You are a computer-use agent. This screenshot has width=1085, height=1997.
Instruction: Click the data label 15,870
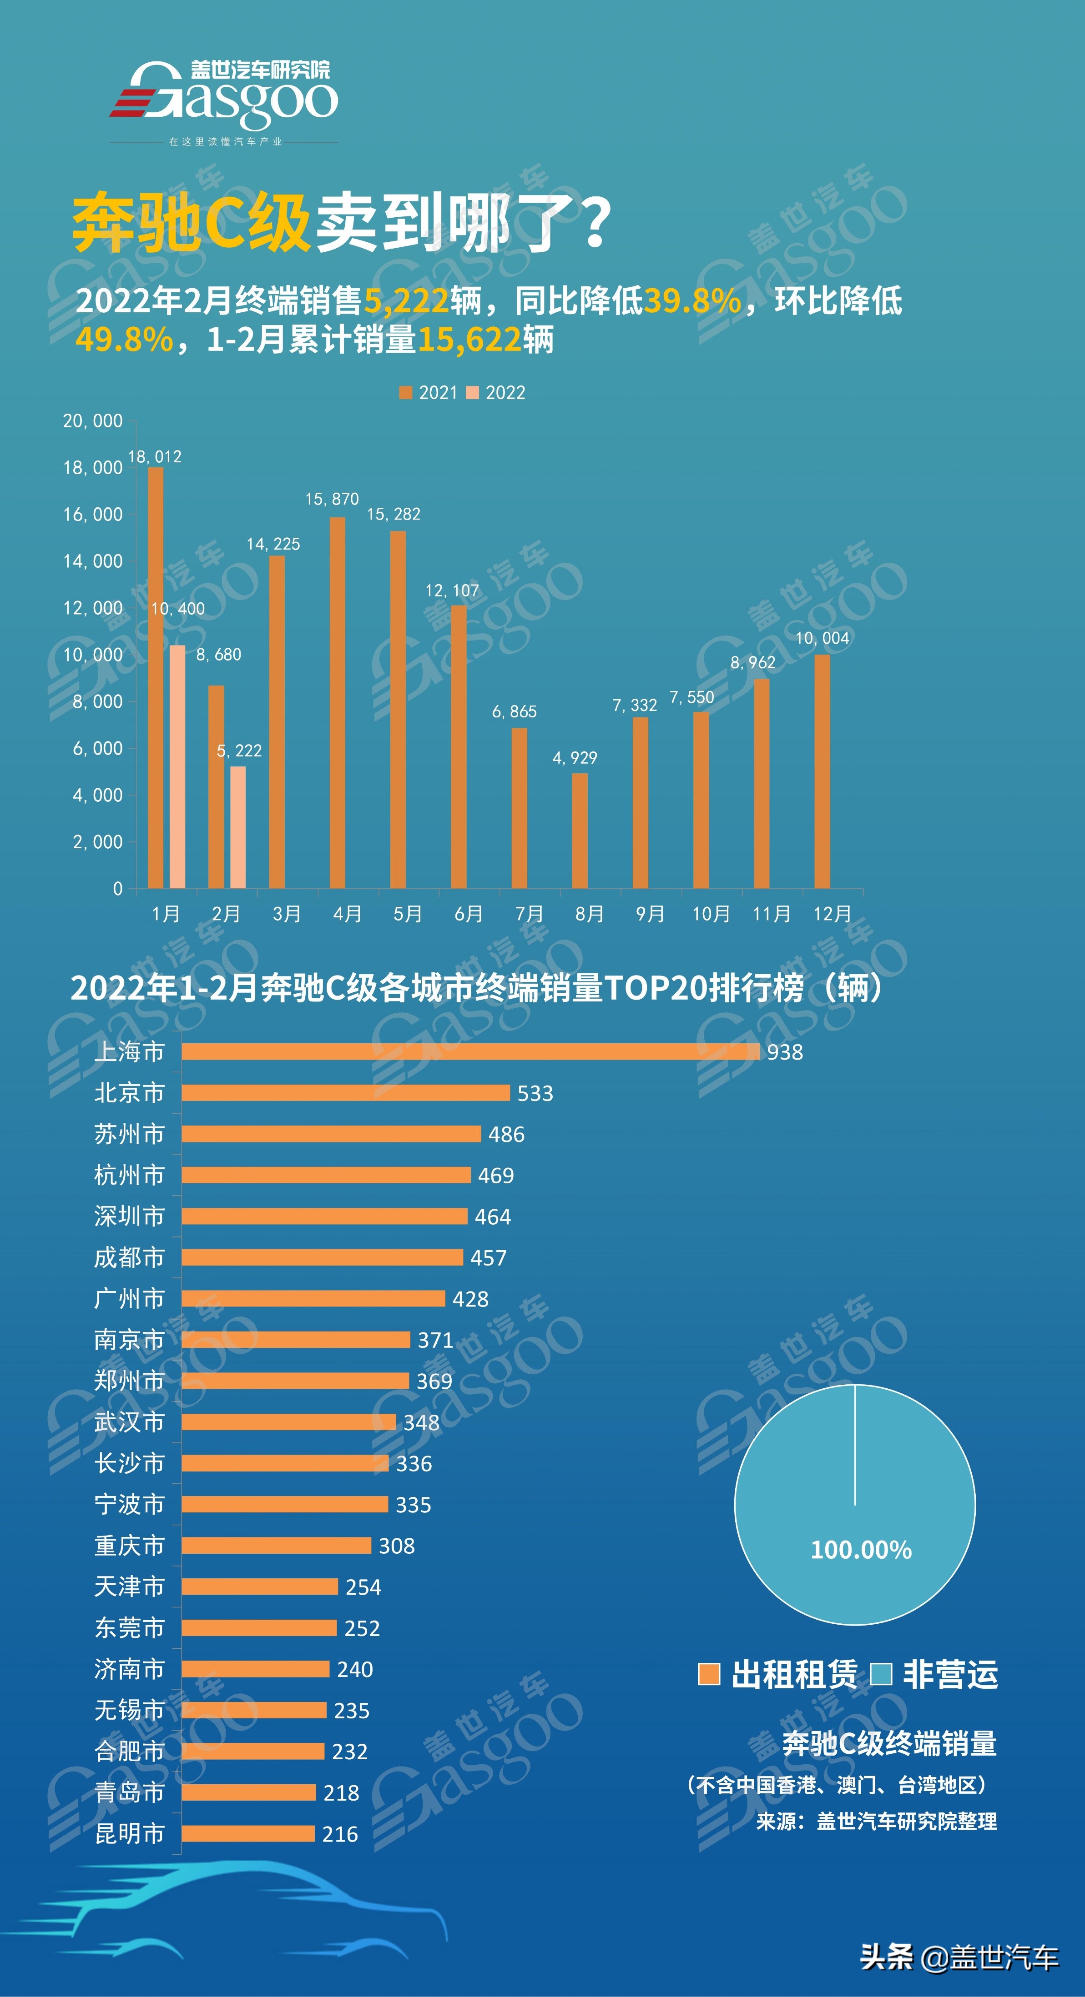tap(332, 499)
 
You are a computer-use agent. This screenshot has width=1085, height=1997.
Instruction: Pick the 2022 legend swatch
tap(472, 393)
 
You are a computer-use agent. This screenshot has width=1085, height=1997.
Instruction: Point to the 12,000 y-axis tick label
tap(92, 608)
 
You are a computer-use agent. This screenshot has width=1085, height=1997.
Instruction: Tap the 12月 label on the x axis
tap(832, 914)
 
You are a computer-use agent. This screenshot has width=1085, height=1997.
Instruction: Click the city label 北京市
tap(130, 1093)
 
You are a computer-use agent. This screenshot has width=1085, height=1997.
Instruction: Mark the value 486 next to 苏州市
tap(506, 1134)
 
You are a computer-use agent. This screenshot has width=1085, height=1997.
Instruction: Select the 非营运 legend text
tap(950, 1674)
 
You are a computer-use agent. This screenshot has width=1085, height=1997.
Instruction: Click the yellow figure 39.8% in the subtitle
tap(692, 301)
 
